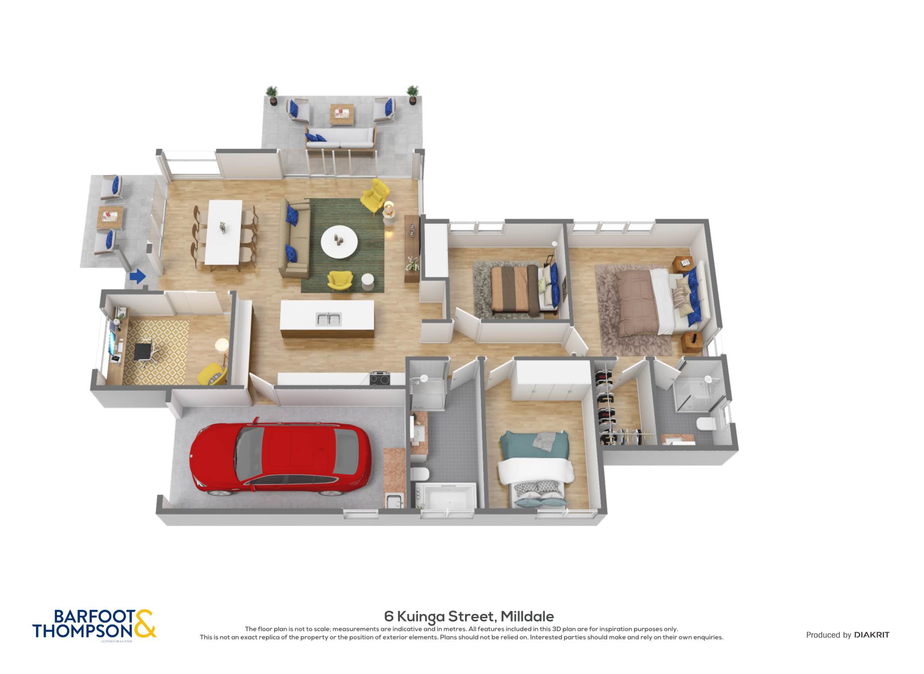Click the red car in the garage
[x=280, y=457]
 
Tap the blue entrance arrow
[x=138, y=276]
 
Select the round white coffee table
[x=339, y=242]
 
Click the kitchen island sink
[x=328, y=319]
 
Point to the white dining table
[x=223, y=232]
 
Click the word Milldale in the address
[x=527, y=616]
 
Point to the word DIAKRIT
[x=872, y=635]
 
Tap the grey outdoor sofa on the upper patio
[x=340, y=138]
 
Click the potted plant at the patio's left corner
[x=272, y=95]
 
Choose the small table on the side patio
[x=111, y=218]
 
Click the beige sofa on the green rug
[x=295, y=237]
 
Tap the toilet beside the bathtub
[x=420, y=473]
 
